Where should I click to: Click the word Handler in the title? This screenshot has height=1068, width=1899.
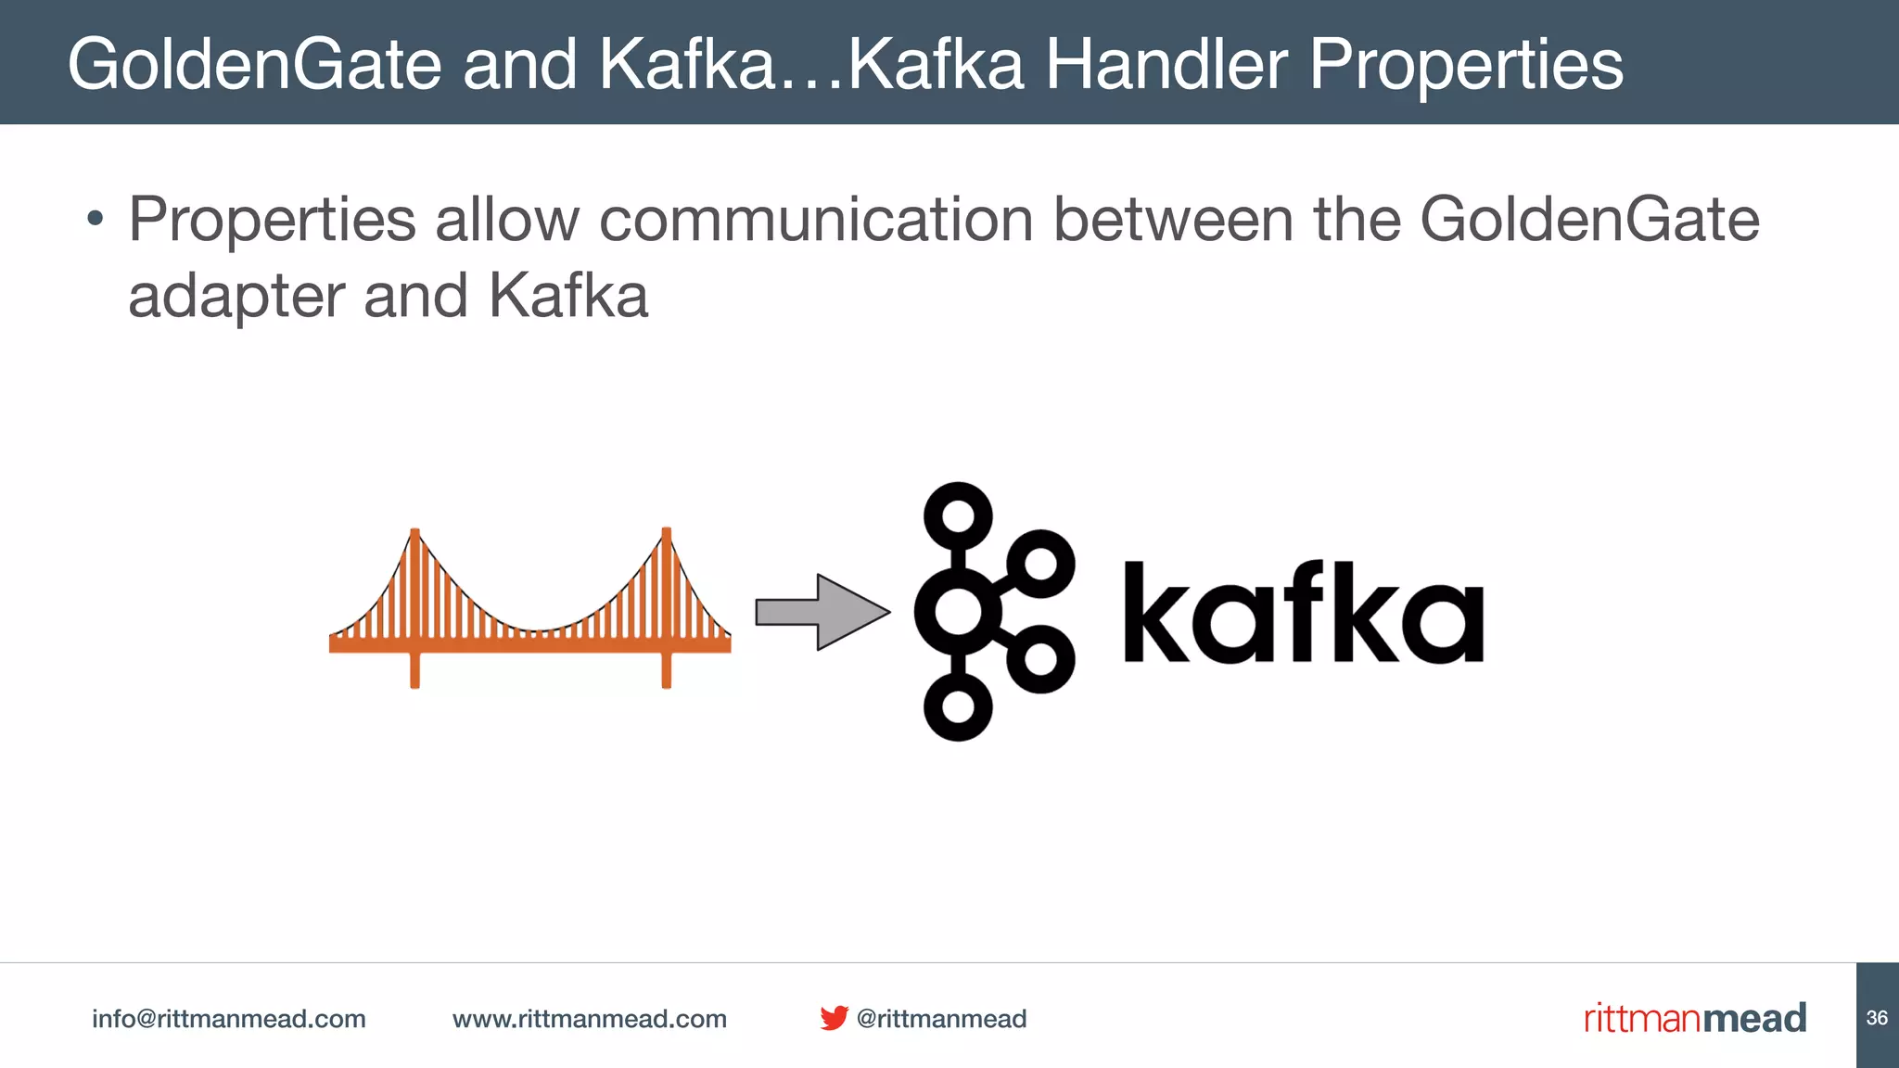tap(1166, 64)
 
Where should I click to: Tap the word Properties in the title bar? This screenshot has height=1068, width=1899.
tap(1466, 64)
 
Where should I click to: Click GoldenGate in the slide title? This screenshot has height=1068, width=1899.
tap(254, 64)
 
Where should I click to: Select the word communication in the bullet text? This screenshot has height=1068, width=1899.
tap(816, 221)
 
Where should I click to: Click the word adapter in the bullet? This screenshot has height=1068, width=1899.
tap(236, 297)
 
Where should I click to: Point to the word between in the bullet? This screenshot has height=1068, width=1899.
tap(1173, 221)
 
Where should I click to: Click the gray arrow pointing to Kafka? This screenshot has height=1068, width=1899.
tap(822, 612)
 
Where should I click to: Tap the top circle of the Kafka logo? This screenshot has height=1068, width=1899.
tap(958, 515)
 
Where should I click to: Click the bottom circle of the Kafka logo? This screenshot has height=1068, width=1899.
tap(958, 706)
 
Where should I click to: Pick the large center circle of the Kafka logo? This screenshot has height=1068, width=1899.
tap(958, 612)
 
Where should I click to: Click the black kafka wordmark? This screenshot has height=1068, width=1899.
tap(1303, 614)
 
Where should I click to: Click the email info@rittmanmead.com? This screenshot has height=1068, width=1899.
tap(228, 1019)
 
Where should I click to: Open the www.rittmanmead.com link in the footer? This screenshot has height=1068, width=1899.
tap(589, 1019)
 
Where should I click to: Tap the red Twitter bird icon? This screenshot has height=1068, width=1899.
tap(834, 1018)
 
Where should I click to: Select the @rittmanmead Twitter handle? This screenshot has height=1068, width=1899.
tap(941, 1019)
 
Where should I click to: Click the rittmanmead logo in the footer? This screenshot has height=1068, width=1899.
tap(1694, 1018)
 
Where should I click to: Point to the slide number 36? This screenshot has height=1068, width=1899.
tap(1877, 1018)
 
